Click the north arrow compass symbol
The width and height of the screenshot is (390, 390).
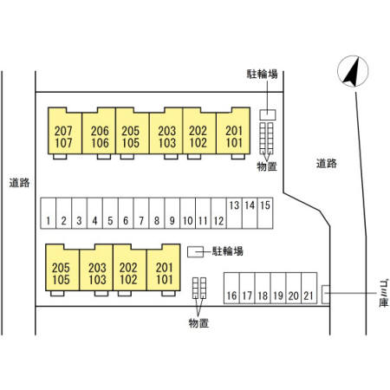coord(353,71)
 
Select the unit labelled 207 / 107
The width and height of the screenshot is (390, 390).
coord(65,131)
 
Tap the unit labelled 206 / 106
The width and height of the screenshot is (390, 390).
coord(99,131)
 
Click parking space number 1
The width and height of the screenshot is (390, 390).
coord(49,213)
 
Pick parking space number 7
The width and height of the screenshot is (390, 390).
coord(141,213)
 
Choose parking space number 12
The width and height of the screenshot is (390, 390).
coord(218,213)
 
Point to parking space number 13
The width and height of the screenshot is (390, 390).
coord(234,213)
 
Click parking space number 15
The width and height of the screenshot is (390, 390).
coord(265,213)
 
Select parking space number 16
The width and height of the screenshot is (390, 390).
coord(231,288)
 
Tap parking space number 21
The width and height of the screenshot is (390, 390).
coord(309,288)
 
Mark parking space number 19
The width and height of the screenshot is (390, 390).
coord(278,288)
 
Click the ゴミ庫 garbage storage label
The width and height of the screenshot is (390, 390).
coord(384,293)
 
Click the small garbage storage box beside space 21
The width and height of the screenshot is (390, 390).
coord(326,295)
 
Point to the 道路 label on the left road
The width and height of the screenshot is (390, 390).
coord(19,183)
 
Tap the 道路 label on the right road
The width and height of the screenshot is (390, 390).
coord(327,164)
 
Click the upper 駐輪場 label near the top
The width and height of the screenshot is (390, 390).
coord(262,74)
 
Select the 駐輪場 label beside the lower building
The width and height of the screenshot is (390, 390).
coord(228,251)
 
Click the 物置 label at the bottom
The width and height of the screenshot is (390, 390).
coord(198,323)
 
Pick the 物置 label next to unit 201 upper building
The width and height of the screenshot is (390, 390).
coord(267,166)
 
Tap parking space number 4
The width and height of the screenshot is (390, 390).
coord(94,213)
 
